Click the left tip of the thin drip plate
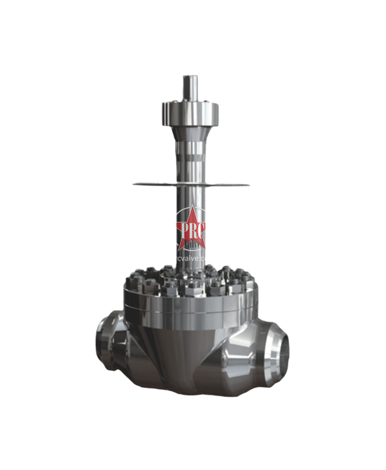[131, 185]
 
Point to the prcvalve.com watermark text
[193, 257]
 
